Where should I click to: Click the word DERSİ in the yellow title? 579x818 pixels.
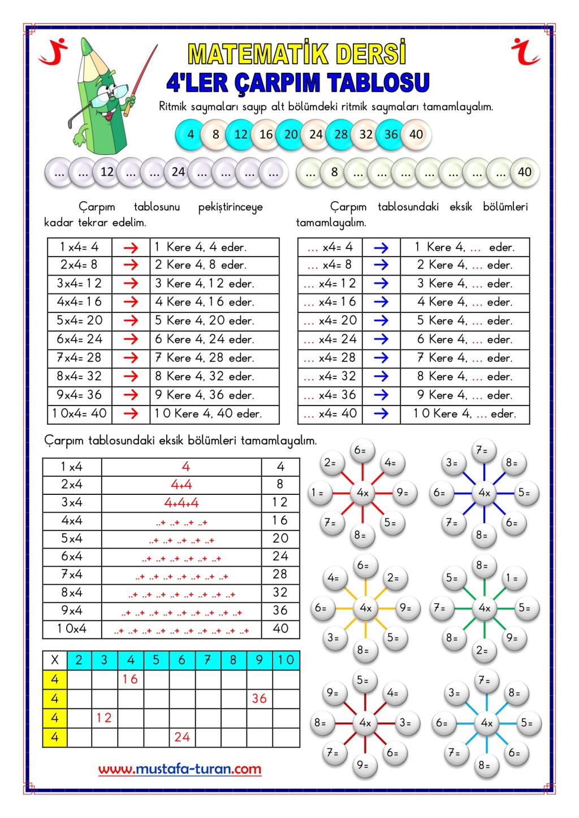click(x=371, y=54)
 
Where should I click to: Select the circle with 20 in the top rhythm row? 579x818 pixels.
click(x=291, y=134)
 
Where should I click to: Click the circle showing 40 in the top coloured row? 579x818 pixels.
click(x=416, y=134)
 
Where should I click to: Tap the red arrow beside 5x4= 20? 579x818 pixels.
click(x=131, y=320)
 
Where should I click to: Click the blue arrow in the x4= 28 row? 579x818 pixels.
click(x=381, y=358)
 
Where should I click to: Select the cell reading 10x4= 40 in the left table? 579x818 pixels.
click(x=80, y=414)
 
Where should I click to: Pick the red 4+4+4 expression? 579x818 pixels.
click(x=181, y=502)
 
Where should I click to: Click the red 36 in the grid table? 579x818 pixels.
click(x=259, y=698)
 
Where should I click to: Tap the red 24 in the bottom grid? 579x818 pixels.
click(x=182, y=737)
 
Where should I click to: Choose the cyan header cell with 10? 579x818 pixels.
click(x=286, y=660)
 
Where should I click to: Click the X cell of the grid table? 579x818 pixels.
click(x=55, y=660)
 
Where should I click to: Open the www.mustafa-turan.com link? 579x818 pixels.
click(x=180, y=769)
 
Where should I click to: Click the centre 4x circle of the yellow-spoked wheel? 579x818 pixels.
click(x=365, y=608)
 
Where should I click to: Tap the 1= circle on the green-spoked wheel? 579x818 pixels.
click(x=512, y=578)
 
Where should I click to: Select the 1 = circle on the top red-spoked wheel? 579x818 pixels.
click(x=321, y=493)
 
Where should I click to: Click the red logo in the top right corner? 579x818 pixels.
click(x=526, y=51)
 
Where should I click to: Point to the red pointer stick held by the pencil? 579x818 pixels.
click(x=144, y=73)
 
